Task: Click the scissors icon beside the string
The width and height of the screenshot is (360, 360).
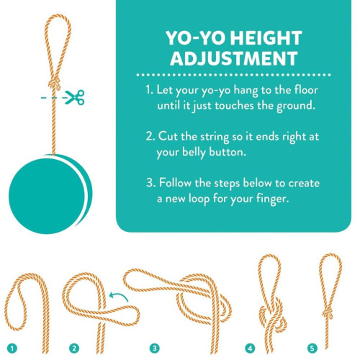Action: click(75, 97)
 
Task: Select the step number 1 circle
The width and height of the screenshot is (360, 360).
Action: click(12, 348)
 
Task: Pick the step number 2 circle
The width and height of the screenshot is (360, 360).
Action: click(74, 348)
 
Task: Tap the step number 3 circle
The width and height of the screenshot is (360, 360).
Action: click(155, 348)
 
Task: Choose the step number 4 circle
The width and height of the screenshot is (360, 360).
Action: click(250, 348)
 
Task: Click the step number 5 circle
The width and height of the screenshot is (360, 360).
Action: click(312, 348)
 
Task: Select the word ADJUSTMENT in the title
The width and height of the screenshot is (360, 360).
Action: click(234, 58)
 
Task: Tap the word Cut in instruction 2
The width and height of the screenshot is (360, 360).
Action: click(168, 136)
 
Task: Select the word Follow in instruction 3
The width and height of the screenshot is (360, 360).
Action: click(175, 183)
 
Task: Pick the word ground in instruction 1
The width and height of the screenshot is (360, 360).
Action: click(296, 107)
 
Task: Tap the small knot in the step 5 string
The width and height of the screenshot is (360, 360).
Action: click(328, 312)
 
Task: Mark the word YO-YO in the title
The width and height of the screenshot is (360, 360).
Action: click(196, 38)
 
